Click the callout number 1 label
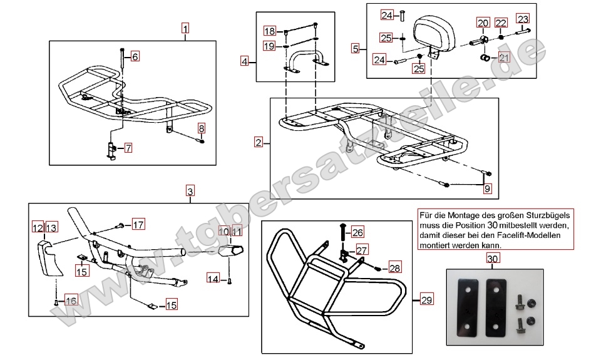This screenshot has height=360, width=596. click(185, 28)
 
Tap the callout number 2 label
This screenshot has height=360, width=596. click(259, 142)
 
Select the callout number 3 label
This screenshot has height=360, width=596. click(190, 190)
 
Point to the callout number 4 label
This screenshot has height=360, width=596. click(245, 61)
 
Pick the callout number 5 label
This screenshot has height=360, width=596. click(355, 48)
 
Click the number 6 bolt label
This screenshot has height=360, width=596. click(135, 56)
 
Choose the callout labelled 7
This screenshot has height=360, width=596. click(128, 148)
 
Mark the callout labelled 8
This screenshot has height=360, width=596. click(201, 128)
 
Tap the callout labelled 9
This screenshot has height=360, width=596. click(488, 187)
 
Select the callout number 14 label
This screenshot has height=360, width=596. click(213, 279)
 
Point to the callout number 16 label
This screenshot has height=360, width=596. click(71, 301)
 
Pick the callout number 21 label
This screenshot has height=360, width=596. click(505, 58)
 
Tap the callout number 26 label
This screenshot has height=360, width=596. click(357, 232)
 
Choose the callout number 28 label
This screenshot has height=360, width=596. click(393, 267)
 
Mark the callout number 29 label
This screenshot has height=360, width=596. click(426, 301)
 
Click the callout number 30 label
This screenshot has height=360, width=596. click(493, 259)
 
